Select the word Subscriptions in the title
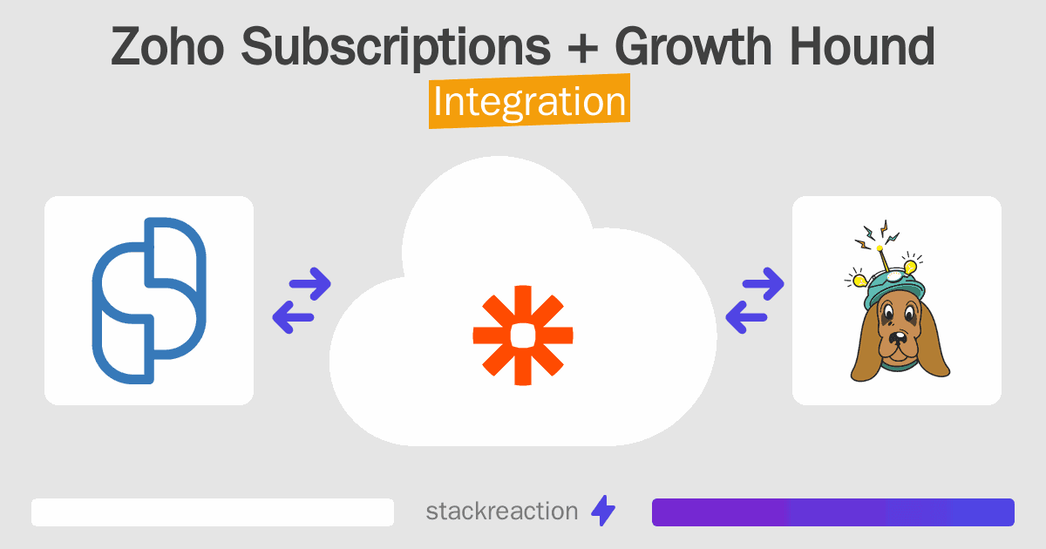point(396,48)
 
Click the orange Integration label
point(529,102)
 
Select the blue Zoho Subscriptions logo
point(149,301)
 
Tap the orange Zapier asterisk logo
point(522,335)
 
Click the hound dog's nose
point(895,337)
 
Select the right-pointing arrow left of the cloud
point(309,282)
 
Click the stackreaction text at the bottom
point(501,511)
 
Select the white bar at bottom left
point(213,512)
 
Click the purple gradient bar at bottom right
point(832,512)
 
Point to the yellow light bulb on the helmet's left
point(859,280)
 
